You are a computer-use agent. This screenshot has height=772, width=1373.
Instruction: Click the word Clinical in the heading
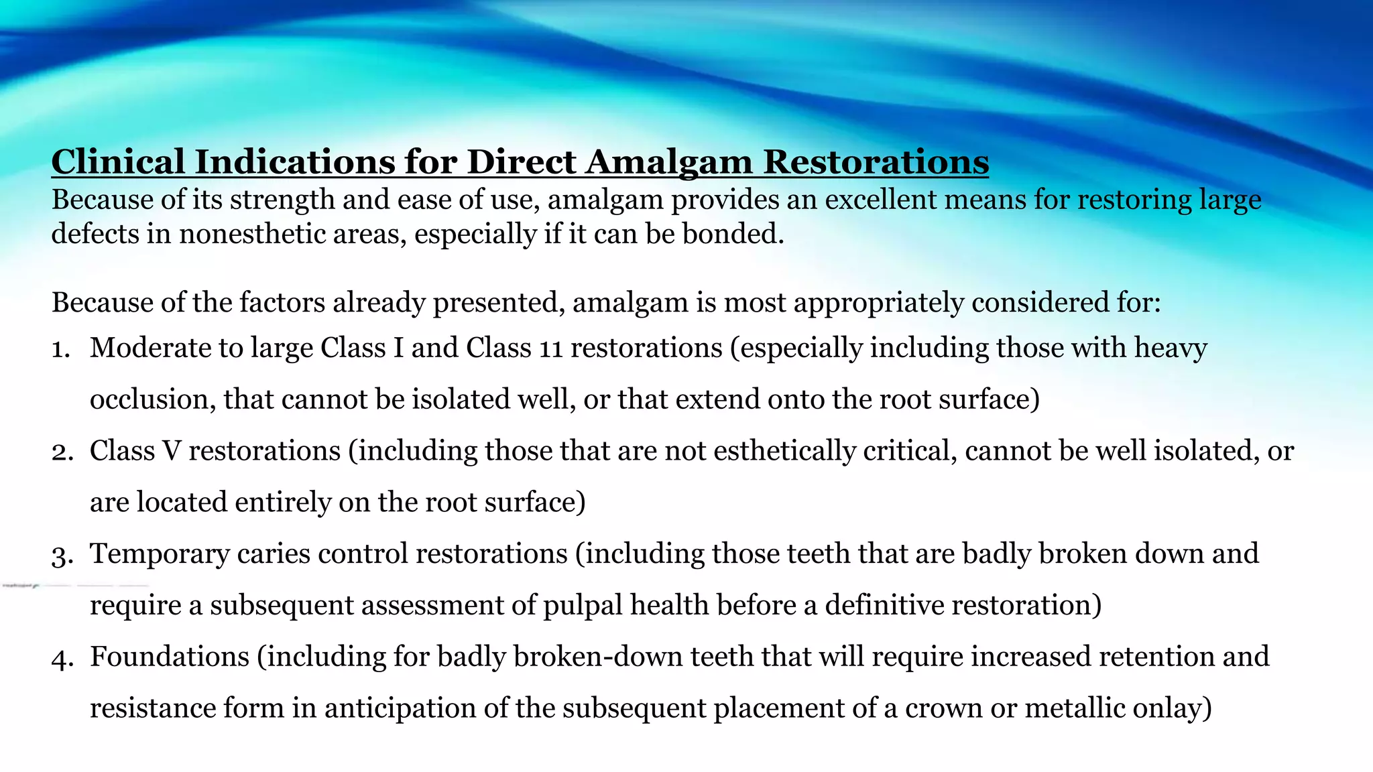pos(118,162)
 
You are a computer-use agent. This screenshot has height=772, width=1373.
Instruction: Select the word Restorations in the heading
pos(876,162)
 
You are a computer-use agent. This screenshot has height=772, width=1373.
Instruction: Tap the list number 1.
pos(60,349)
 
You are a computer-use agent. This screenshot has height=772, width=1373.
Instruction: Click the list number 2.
pos(61,452)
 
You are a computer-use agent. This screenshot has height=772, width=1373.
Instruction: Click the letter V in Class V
pos(172,451)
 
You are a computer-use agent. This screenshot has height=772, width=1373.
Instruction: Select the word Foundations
pos(170,657)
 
